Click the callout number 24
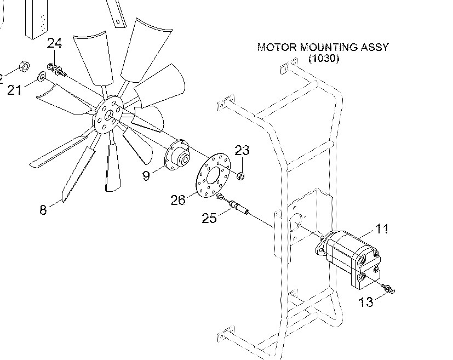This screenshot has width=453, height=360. [54, 43]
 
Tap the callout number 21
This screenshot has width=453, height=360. [15, 89]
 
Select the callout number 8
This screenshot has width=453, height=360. [43, 209]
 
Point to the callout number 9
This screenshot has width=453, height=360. [146, 176]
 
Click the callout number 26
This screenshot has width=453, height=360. [178, 200]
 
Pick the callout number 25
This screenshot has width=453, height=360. [209, 218]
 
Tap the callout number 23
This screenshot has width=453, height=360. [242, 150]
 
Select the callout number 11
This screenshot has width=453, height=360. [382, 228]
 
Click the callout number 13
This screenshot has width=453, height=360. [366, 301]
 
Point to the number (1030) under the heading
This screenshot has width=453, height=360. [323, 58]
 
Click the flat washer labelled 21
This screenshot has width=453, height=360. [42, 76]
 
